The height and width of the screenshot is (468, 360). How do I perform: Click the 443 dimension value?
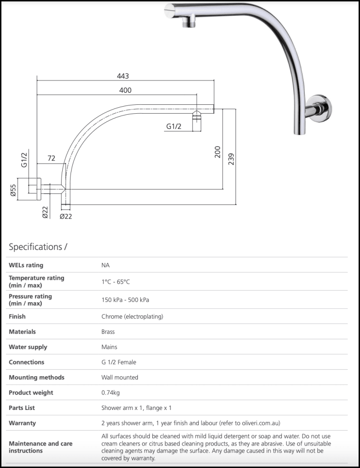pyautogui.click(x=123, y=76)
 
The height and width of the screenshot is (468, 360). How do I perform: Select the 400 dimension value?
pyautogui.click(x=125, y=90)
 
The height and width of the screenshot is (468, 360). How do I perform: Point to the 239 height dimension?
pyautogui.click(x=231, y=159)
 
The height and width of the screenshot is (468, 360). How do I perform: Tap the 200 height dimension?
pyautogui.click(x=217, y=152)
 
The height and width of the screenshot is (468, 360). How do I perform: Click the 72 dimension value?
pyautogui.click(x=51, y=159)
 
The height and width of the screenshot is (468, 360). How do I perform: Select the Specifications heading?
pyautogui.click(x=38, y=247)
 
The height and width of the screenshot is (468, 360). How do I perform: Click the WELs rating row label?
pyautogui.click(x=26, y=265)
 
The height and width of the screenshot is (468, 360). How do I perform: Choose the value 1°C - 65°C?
pyautogui.click(x=115, y=282)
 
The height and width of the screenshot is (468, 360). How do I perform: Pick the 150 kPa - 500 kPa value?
pyautogui.click(x=125, y=300)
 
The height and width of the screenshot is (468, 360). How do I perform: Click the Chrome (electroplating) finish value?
pyautogui.click(x=132, y=317)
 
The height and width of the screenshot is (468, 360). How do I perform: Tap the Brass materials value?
pyautogui.click(x=108, y=332)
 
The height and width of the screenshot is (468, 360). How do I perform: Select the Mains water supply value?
pyautogui.click(x=109, y=347)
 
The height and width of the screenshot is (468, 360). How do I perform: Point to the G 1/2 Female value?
pyautogui.click(x=119, y=362)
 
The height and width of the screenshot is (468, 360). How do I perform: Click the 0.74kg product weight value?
pyautogui.click(x=110, y=393)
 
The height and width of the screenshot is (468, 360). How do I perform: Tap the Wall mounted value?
pyautogui.click(x=120, y=378)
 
